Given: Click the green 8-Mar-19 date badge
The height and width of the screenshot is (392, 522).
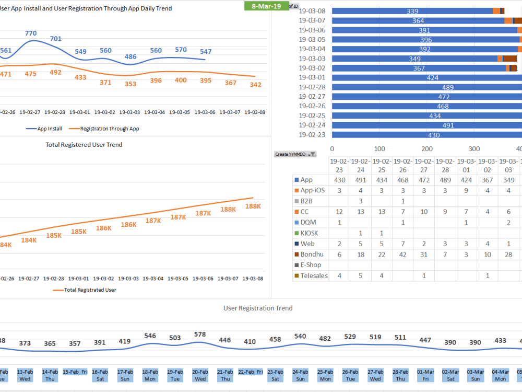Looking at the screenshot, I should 266,6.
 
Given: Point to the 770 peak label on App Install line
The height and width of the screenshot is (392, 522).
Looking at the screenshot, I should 31,33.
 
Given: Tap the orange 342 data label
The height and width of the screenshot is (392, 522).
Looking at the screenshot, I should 256,85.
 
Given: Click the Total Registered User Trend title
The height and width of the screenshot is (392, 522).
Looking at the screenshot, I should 84,144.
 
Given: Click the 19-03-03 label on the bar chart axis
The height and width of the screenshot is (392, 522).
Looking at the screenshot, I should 312,59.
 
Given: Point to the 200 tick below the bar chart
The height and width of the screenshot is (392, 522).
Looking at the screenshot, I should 428,148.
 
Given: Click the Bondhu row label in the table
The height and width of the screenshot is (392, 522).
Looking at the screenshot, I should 311,254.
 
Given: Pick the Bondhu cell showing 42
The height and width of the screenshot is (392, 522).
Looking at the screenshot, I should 403,254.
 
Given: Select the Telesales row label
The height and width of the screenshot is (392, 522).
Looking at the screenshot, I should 314,275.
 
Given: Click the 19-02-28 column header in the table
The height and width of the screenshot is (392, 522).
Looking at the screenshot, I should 445,166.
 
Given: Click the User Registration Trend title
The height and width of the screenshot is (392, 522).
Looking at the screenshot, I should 258,308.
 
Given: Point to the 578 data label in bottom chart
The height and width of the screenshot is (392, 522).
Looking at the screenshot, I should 200,334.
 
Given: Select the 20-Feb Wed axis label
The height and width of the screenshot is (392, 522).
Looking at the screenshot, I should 200,375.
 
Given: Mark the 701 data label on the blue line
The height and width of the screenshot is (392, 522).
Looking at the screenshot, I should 56,39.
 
